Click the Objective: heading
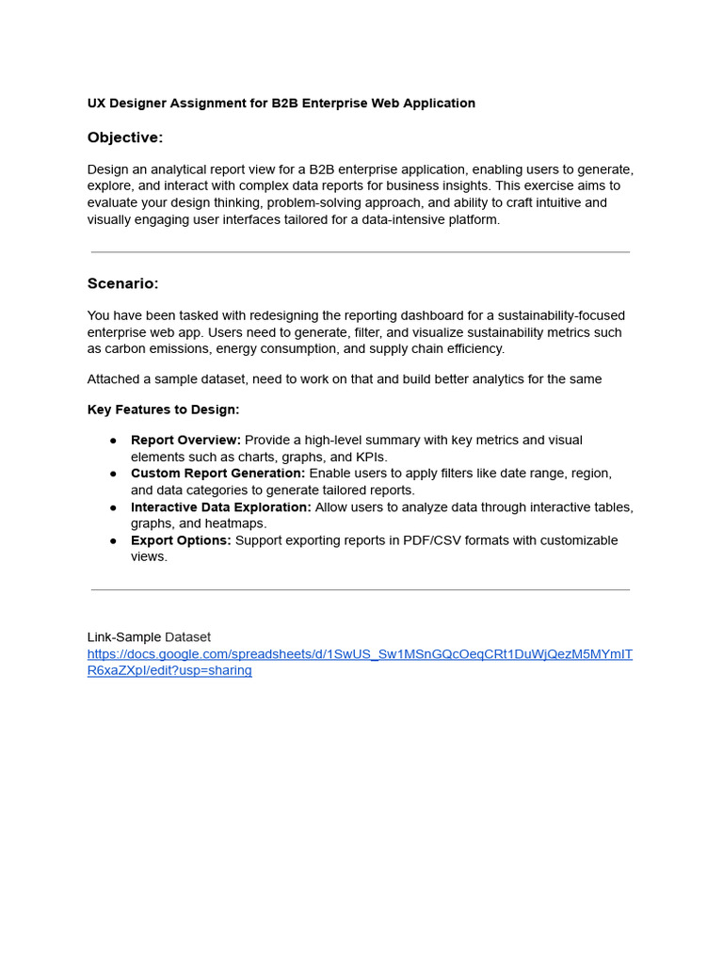click(125, 137)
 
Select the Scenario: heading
click(122, 283)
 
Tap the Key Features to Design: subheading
click(163, 410)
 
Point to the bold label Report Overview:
click(185, 441)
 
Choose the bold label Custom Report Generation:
click(217, 474)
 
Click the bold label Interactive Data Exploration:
click(220, 507)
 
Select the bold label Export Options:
click(181, 540)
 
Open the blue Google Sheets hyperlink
click(360, 654)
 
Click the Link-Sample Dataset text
click(149, 637)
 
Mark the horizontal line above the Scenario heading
click(361, 252)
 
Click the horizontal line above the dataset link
click(361, 590)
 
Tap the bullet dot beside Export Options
click(113, 540)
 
